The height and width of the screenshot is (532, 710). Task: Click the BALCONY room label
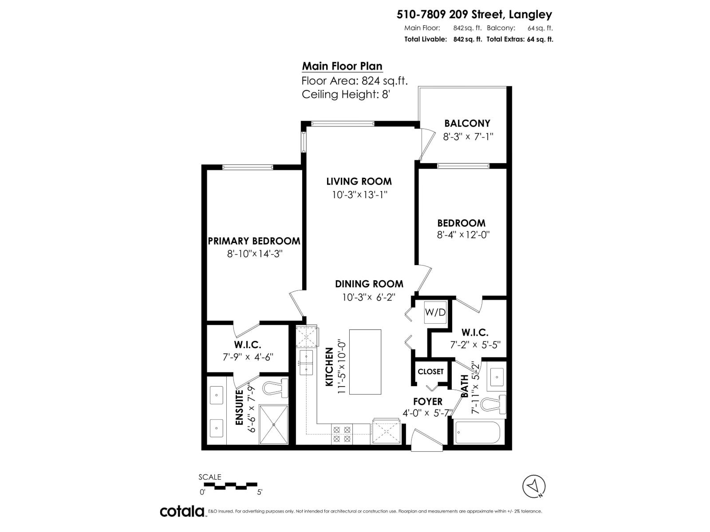coord(467,123)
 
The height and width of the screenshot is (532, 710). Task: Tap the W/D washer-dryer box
coord(435,313)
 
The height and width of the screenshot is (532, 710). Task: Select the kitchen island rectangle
coord(365,362)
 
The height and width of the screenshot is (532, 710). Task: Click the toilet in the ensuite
coord(274,389)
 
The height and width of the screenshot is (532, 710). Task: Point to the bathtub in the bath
coord(477,433)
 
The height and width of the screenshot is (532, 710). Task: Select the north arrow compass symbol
coord(534,486)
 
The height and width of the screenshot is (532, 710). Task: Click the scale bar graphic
coord(230,485)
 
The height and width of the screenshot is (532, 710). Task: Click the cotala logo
coord(182,511)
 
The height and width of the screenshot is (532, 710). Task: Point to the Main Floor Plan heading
coord(342,66)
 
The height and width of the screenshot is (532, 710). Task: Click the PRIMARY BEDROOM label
coord(254,241)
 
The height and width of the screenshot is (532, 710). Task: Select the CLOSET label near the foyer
coord(430,372)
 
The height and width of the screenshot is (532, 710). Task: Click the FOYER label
coord(427,401)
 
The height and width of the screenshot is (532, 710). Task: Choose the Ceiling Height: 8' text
coord(346,94)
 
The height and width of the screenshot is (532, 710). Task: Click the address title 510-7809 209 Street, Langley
coord(474,15)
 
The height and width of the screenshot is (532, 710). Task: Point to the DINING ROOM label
coord(369,284)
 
